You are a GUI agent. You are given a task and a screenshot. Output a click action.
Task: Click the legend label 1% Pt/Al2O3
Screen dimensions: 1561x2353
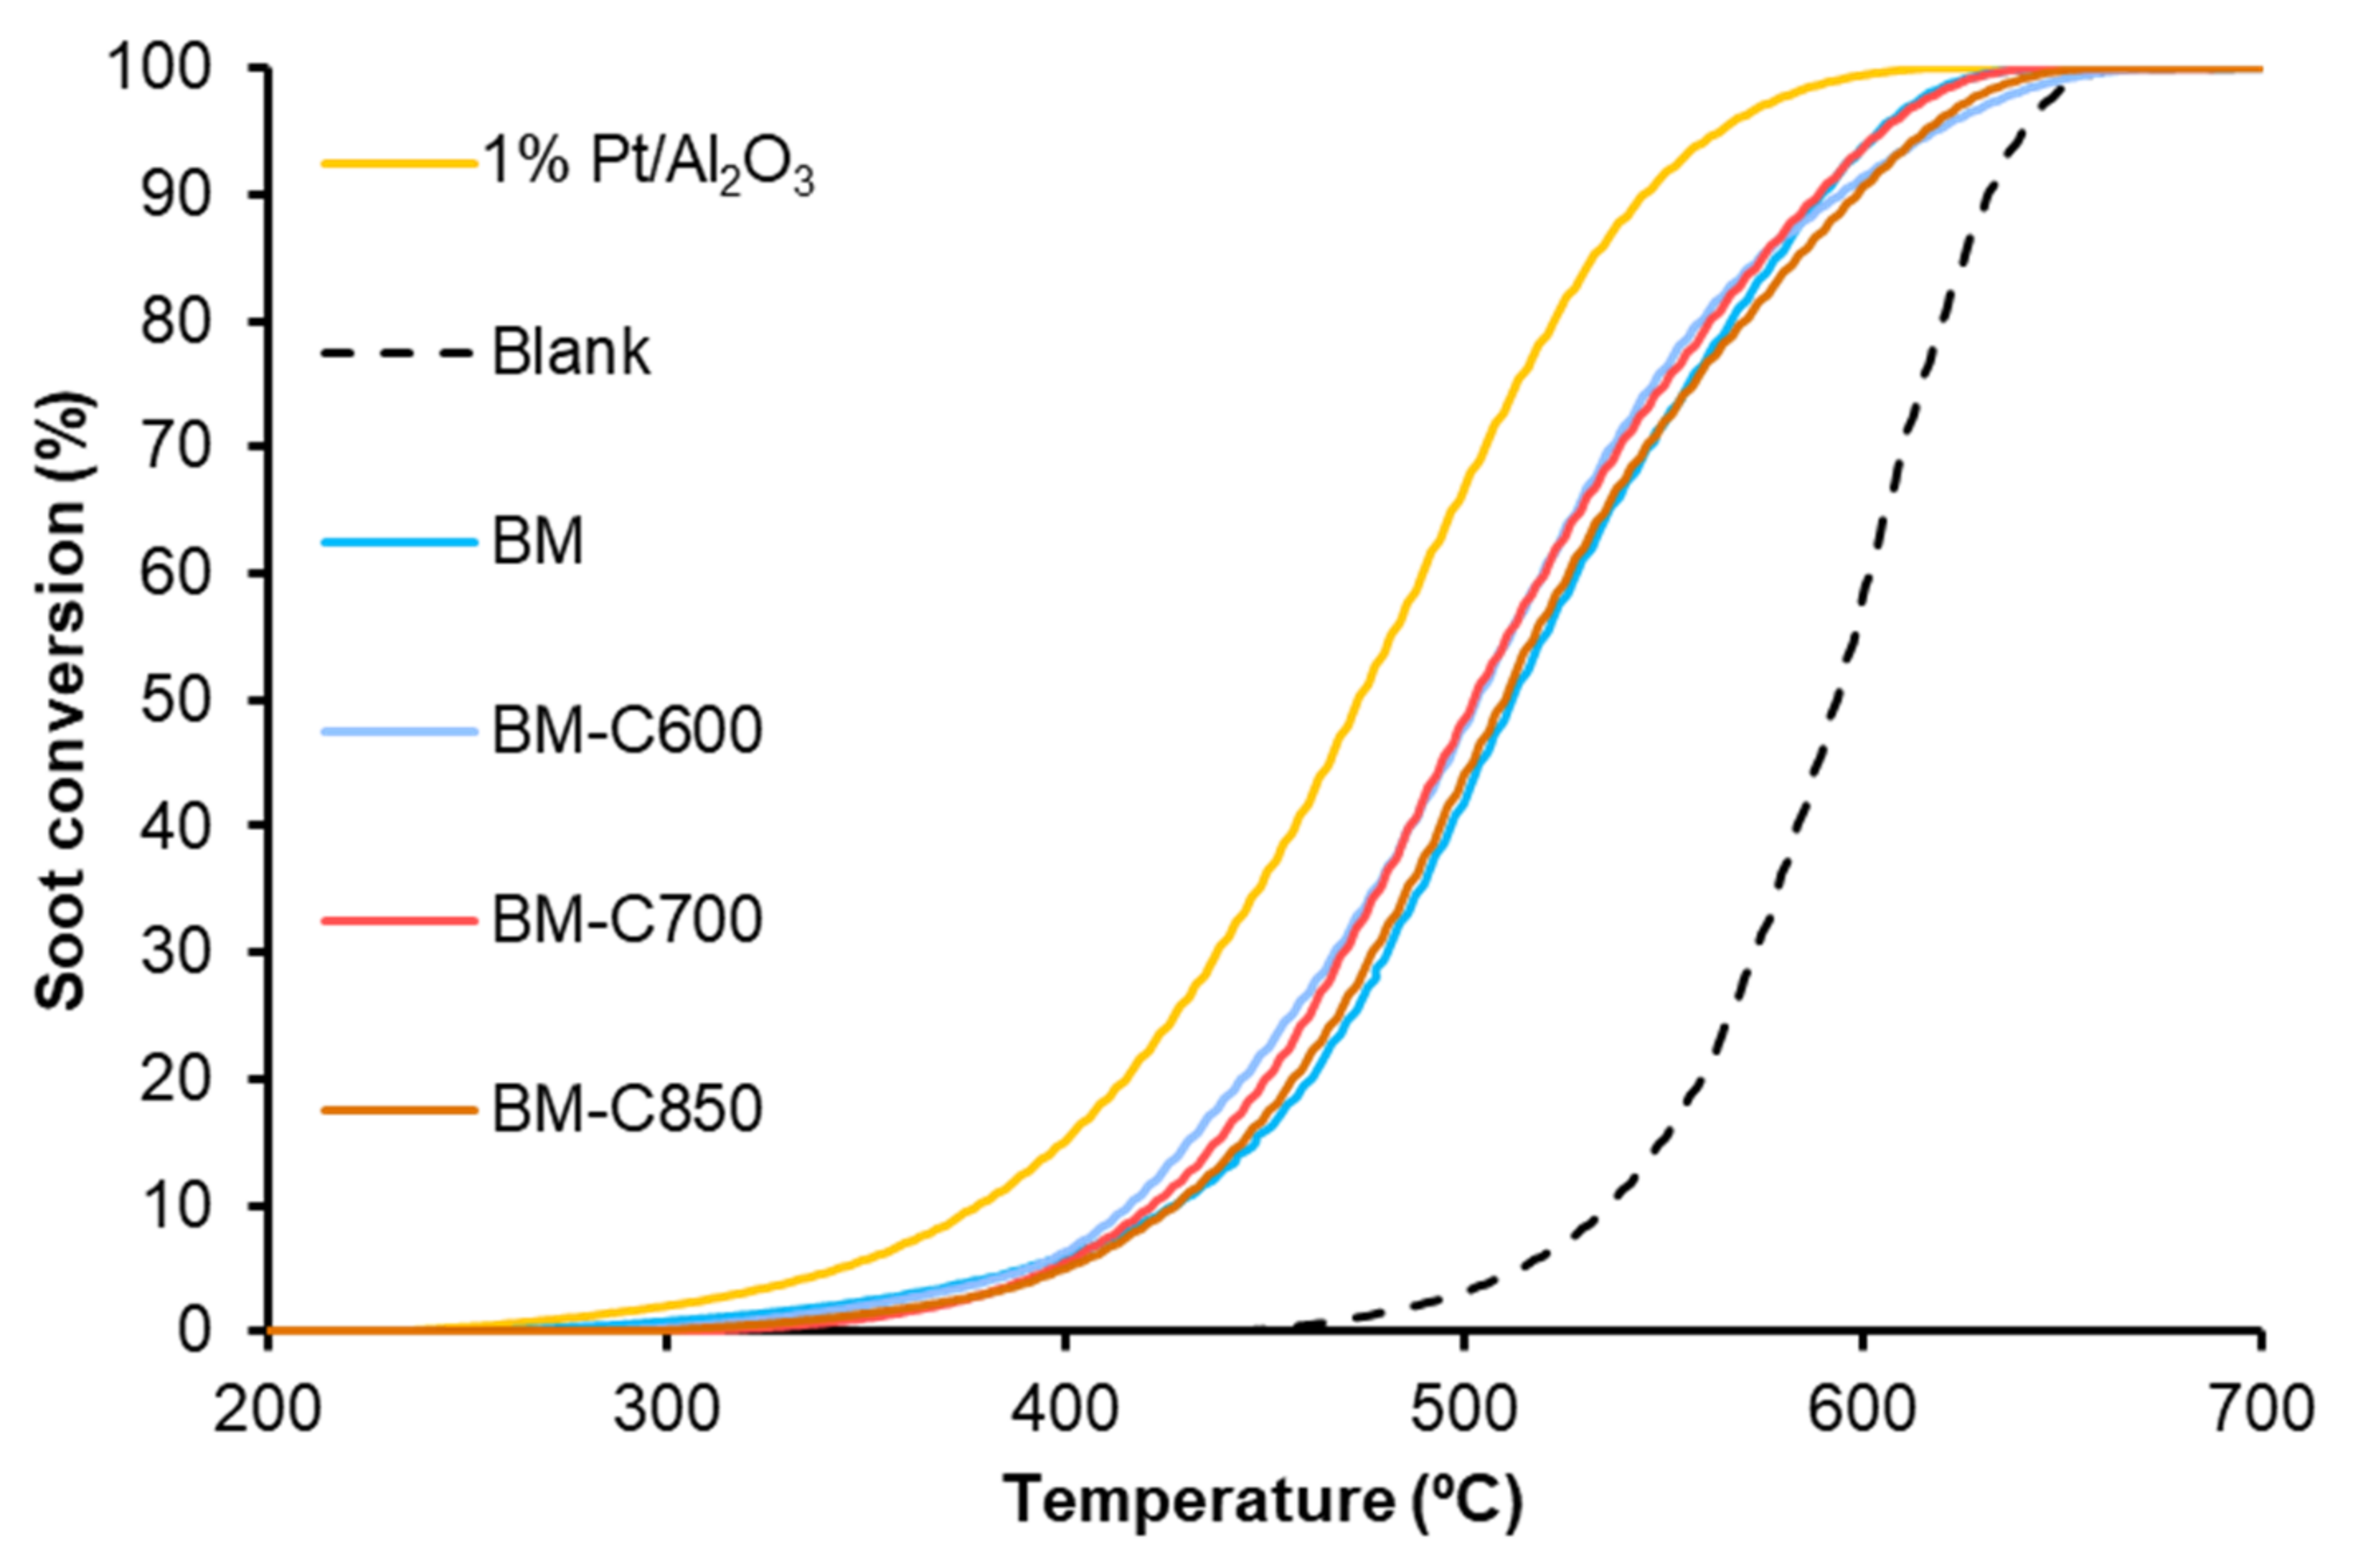pyautogui.click(x=649, y=165)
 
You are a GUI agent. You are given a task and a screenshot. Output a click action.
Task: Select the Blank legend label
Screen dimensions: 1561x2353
pyautogui.click(x=571, y=352)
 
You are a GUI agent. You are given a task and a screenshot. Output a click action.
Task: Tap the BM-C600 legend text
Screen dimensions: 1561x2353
pyautogui.click(x=627, y=731)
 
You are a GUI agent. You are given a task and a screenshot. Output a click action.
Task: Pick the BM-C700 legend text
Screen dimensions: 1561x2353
pyautogui.click(x=627, y=920)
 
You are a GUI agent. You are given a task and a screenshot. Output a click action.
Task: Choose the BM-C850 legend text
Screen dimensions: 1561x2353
pyautogui.click(x=627, y=1109)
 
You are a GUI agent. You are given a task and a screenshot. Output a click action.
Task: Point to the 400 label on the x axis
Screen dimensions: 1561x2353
pyautogui.click(x=1064, y=1412)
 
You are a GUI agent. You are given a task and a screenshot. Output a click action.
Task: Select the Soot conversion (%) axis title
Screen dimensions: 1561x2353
pyautogui.click(x=62, y=700)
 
